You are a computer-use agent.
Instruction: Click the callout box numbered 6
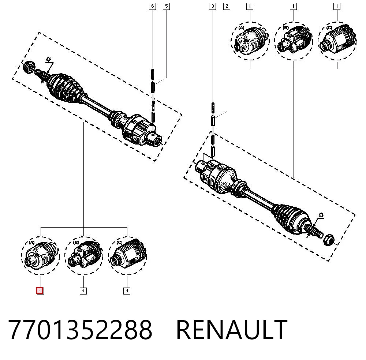pyautogui.click(x=152, y=6)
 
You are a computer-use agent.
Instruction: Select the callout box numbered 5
pyautogui.click(x=166, y=6)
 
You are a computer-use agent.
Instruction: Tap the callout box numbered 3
pyautogui.click(x=212, y=6)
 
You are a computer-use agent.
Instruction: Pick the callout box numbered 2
pyautogui.click(x=227, y=6)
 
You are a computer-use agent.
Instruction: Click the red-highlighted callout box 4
pyautogui.click(x=40, y=291)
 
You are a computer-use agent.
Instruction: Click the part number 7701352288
pyautogui.click(x=80, y=330)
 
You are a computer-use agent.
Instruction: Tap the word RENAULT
pyautogui.click(x=232, y=330)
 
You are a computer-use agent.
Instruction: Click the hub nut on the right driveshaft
pyautogui.click(x=329, y=239)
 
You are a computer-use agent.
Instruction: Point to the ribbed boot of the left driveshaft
pyautogui.click(x=66, y=87)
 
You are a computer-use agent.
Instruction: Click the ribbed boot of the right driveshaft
pyautogui.click(x=292, y=219)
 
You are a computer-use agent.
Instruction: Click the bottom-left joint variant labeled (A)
pyautogui.click(x=40, y=255)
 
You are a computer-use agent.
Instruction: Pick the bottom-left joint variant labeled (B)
pyautogui.click(x=84, y=255)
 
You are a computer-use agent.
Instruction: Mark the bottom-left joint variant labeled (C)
pyautogui.click(x=127, y=255)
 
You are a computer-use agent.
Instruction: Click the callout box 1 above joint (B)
pyautogui.click(x=293, y=6)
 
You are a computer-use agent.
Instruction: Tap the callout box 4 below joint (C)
pyautogui.click(x=127, y=291)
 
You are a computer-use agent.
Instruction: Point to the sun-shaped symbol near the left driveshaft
pyautogui.click(x=49, y=59)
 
